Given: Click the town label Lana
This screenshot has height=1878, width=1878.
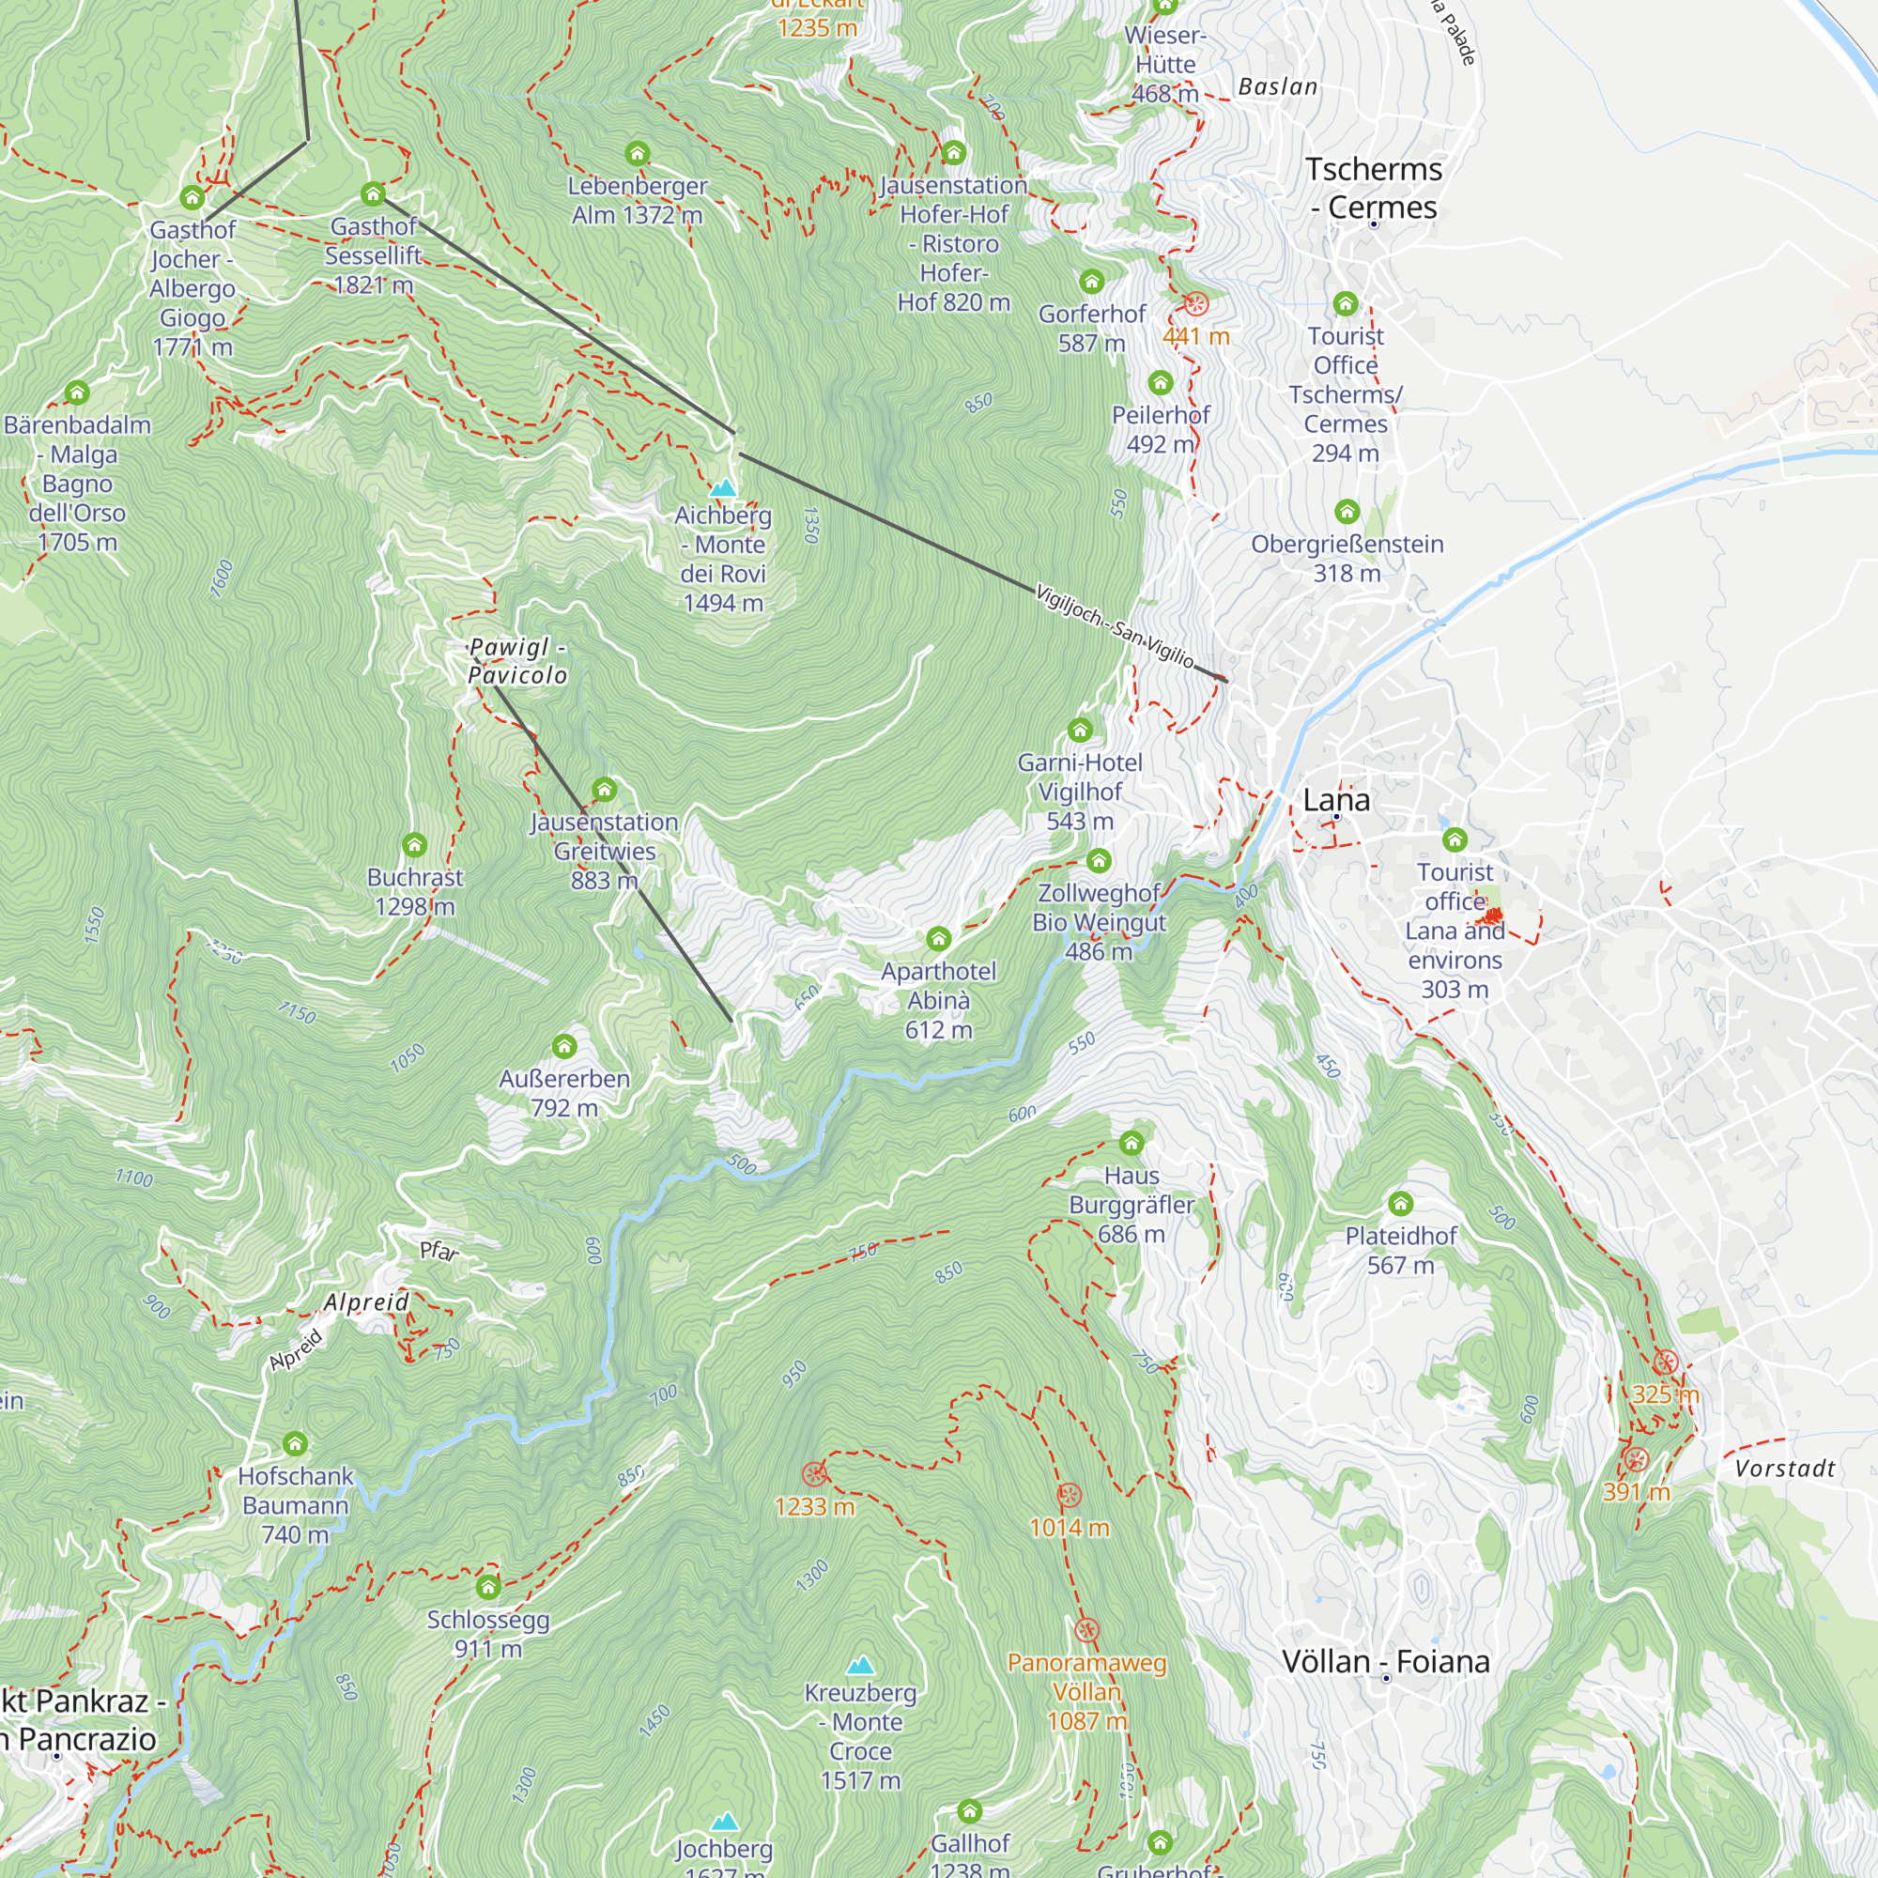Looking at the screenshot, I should (x=1335, y=800).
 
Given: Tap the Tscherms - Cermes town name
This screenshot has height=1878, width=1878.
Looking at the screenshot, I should (x=1373, y=188).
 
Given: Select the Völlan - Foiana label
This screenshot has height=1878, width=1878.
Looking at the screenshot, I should (x=1385, y=1661).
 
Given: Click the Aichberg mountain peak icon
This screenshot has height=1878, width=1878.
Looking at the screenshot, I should (x=722, y=488).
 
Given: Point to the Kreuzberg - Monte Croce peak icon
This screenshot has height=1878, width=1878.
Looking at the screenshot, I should (x=860, y=1666).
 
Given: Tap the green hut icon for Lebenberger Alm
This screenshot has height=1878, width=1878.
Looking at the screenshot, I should (x=638, y=154).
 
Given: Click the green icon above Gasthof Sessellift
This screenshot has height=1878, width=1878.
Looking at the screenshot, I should (x=374, y=194).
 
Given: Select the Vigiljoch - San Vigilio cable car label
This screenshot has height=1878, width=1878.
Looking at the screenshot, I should (x=1114, y=626).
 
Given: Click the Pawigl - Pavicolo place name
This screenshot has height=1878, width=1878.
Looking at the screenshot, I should (x=517, y=661).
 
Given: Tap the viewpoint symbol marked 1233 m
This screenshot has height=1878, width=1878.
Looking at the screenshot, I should (x=813, y=1474).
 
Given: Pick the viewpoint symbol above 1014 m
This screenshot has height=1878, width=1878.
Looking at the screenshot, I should (x=1070, y=1495).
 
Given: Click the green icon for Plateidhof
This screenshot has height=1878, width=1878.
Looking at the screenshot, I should (x=1400, y=1205).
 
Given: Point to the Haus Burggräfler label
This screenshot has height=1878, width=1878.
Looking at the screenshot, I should (x=1131, y=1205).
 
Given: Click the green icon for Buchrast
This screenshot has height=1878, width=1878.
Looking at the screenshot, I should (x=415, y=845).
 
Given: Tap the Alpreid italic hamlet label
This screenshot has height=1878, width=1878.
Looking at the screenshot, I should (x=366, y=1302).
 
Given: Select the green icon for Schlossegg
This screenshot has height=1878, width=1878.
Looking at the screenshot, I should (x=488, y=1587).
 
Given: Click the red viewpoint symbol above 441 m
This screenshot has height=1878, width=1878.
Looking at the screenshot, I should (x=1195, y=304).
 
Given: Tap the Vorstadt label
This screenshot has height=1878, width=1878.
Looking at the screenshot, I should (x=1785, y=1469).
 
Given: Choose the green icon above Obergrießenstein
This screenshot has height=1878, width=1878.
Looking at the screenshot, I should (x=1347, y=512).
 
